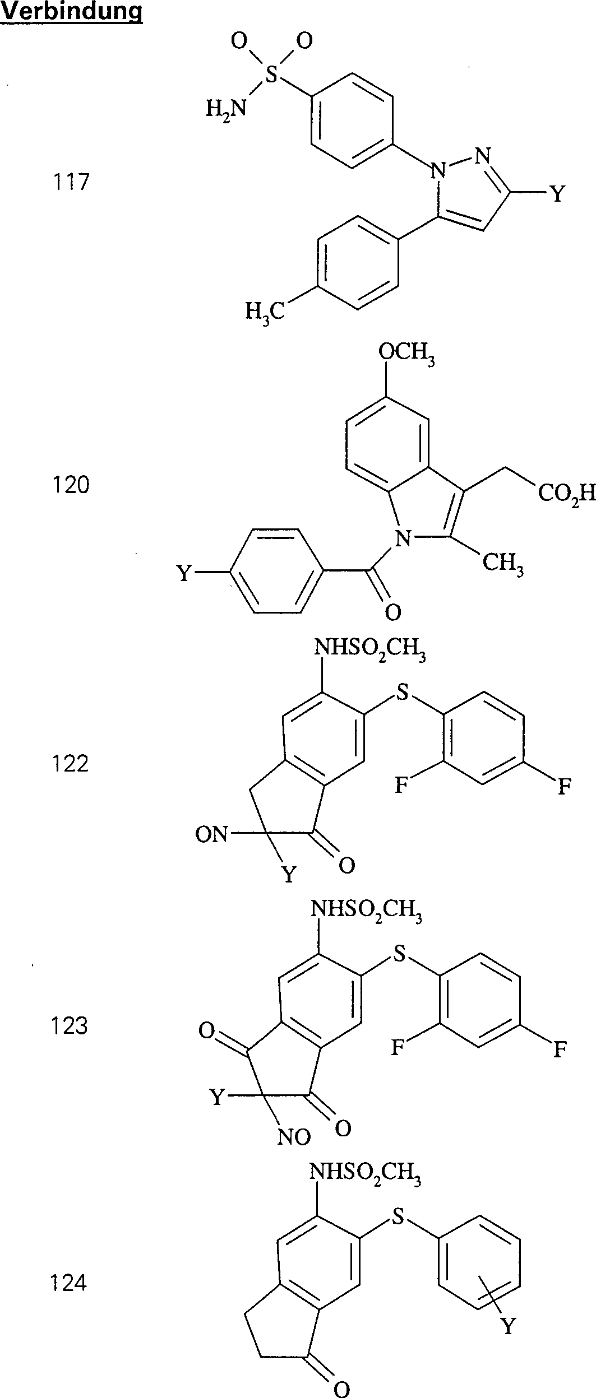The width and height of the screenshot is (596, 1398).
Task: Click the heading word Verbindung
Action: pyautogui.click(x=72, y=12)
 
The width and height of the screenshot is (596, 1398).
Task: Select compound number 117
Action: pyautogui.click(x=71, y=182)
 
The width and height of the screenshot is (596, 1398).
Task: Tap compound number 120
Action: pyautogui.click(x=71, y=485)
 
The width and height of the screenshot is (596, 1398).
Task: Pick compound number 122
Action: pyautogui.click(x=71, y=764)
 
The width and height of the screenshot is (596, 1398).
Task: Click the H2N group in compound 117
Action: pyautogui.click(x=226, y=108)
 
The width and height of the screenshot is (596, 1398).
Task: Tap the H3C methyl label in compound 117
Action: pyautogui.click(x=265, y=310)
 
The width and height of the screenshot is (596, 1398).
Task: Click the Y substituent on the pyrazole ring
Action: pyautogui.click(x=556, y=194)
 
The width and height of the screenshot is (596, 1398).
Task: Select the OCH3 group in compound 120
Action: pyautogui.click(x=406, y=354)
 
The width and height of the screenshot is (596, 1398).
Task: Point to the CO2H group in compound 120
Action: pyautogui.click(x=565, y=494)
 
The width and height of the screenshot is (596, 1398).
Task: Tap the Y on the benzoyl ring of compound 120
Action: pyautogui.click(x=185, y=573)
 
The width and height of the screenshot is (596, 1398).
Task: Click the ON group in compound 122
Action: pyautogui.click(x=211, y=835)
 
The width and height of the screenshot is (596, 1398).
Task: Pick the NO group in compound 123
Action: pyautogui.click(x=294, y=1137)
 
